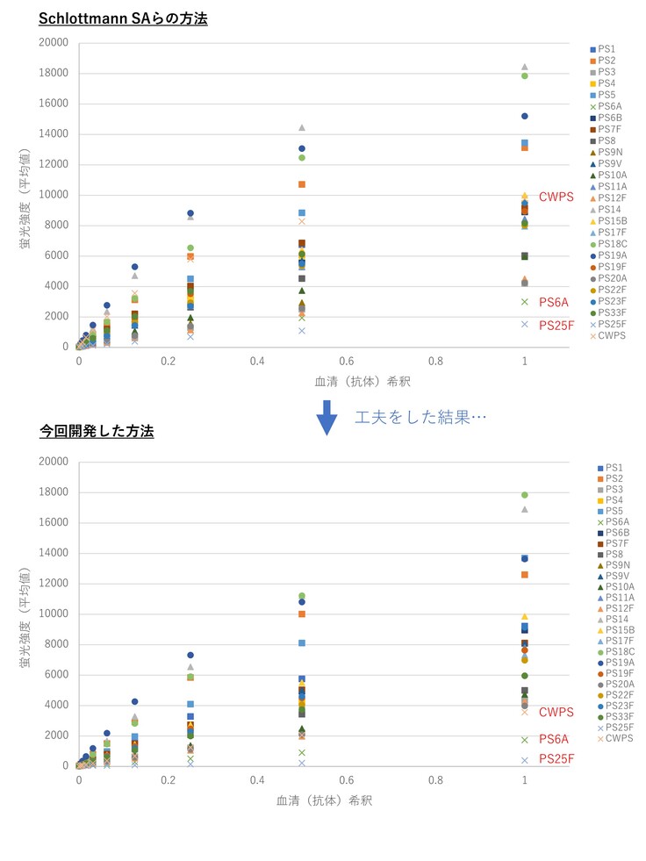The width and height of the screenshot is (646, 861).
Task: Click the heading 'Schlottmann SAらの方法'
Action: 123,17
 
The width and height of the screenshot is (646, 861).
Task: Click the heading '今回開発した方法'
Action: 97,431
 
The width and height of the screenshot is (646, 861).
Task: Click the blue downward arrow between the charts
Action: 327,417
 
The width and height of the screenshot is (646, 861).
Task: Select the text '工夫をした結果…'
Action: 420,417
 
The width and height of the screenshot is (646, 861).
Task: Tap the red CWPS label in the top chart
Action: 556,197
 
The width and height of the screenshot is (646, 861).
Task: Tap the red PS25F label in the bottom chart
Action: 556,758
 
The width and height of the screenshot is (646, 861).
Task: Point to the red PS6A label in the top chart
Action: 554,302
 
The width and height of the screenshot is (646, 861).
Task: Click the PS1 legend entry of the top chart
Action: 606,49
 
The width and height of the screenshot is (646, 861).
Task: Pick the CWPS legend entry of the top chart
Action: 610,334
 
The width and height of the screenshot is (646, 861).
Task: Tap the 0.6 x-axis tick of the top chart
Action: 347,361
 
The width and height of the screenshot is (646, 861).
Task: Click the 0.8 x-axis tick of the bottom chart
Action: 435,779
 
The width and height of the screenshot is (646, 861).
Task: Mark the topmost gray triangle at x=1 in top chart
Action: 525,67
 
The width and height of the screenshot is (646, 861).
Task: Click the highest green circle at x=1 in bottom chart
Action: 525,495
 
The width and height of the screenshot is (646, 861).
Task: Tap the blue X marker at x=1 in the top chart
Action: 525,324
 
